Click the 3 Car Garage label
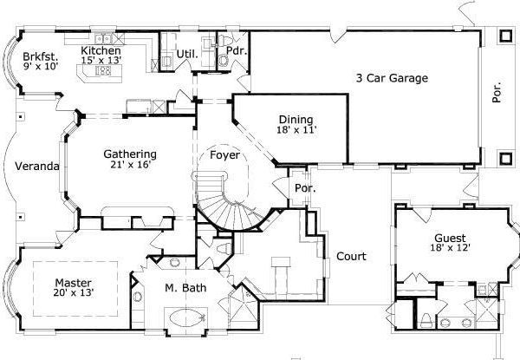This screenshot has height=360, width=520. coord(393,78)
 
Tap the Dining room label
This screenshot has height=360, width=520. coord(296,120)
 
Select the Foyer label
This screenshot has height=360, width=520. coord(224,157)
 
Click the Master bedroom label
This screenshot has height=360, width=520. coord(73,282)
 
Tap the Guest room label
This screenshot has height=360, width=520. coord(450,238)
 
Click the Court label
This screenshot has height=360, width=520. coord(351,257)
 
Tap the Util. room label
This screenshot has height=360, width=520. coord(189,54)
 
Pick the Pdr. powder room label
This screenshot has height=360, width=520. coord(237,52)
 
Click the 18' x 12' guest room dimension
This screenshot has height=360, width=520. coord(450,249)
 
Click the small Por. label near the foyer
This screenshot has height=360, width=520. coord(304,187)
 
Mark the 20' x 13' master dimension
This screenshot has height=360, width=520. coord(73,293)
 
